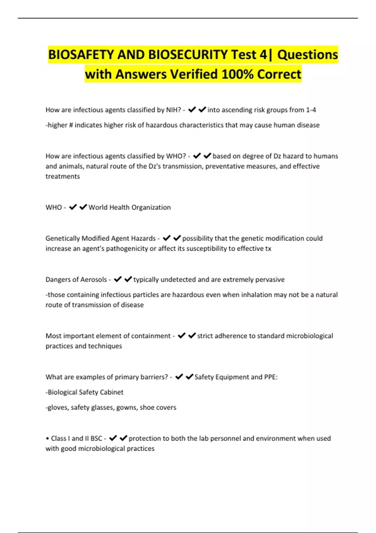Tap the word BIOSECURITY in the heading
tap(188, 55)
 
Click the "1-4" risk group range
tap(311, 110)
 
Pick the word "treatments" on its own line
tap(63, 176)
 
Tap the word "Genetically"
tap(63, 238)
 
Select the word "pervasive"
tap(270, 279)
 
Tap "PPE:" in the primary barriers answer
tap(271, 377)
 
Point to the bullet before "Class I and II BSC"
tap(47, 438)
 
